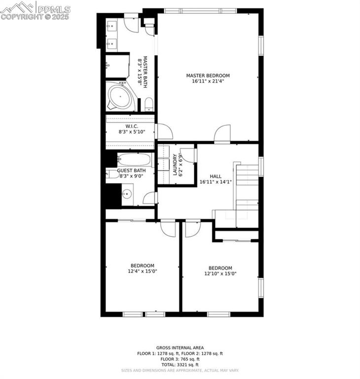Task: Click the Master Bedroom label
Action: [x=208, y=76]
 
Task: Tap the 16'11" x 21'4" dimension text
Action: [x=208, y=81]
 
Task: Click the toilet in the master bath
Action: [x=148, y=104]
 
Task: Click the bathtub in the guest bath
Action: [x=135, y=159]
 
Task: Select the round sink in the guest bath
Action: [x=127, y=194]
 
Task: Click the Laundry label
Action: [x=175, y=165]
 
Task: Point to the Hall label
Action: [x=216, y=176]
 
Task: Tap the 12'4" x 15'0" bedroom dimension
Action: [x=142, y=271]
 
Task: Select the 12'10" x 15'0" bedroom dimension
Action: [x=220, y=274]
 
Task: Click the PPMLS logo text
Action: [x=54, y=9]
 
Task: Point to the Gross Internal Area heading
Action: [x=180, y=348]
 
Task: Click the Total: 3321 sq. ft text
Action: [x=180, y=365]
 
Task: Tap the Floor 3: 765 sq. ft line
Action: [x=180, y=359]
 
